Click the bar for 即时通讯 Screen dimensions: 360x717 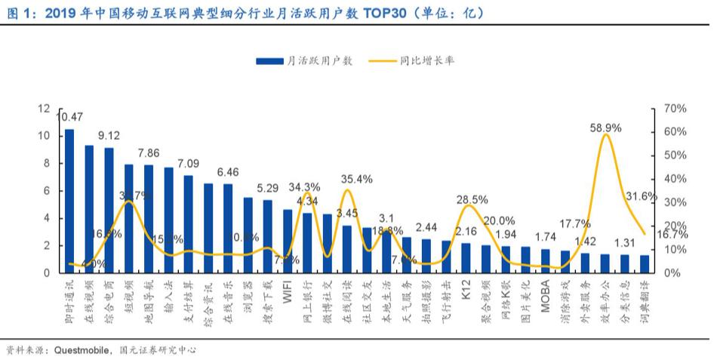click(69, 201)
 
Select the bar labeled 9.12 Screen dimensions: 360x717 click(109, 210)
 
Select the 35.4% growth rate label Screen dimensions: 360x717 click(356, 180)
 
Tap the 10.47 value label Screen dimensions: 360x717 click(69, 117)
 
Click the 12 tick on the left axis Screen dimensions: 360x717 click(45, 109)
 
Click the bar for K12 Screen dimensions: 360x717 click(466, 257)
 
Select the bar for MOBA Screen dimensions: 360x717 click(545, 260)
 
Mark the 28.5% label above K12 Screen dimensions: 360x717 click(472, 200)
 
